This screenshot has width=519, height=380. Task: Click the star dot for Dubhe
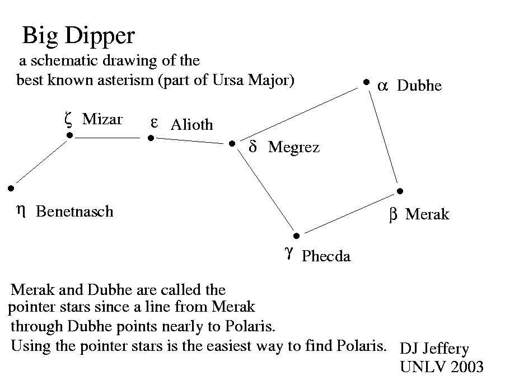click(366, 82)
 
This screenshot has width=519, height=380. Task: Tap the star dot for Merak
click(400, 191)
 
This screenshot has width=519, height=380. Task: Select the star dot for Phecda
click(297, 236)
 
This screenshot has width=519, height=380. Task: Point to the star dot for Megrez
click(232, 144)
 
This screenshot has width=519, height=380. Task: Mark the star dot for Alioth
click(151, 138)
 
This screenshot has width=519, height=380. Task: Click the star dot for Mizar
click(69, 135)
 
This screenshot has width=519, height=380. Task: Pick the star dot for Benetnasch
click(11, 189)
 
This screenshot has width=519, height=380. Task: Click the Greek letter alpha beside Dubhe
click(382, 86)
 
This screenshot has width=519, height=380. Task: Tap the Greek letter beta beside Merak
click(393, 215)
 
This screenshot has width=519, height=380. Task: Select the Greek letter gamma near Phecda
click(288, 253)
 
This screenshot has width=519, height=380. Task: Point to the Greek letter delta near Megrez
click(253, 147)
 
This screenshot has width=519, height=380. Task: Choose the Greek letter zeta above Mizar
click(68, 118)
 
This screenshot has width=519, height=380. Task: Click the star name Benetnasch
click(74, 212)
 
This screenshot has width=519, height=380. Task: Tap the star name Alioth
click(191, 124)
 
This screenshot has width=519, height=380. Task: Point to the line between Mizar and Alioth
click(107, 137)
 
